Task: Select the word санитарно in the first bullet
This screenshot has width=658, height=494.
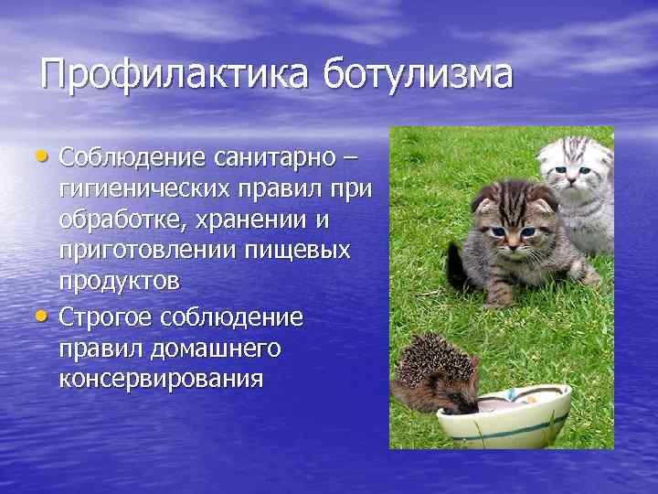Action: (x=281, y=159)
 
